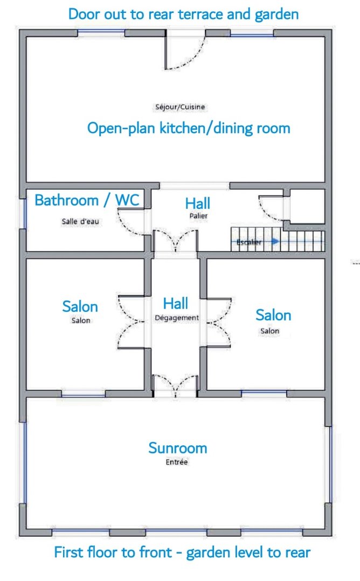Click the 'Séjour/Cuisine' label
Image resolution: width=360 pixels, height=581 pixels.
click(x=180, y=107)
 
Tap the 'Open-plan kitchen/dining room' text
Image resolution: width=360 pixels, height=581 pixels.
click(x=189, y=128)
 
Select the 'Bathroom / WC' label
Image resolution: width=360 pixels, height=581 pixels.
click(x=87, y=200)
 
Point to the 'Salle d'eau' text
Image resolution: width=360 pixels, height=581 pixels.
click(x=80, y=222)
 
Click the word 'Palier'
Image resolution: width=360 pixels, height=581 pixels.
click(x=198, y=215)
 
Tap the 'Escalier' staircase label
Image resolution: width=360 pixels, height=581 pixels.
click(x=249, y=242)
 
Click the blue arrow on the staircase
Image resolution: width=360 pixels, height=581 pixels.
click(x=275, y=242)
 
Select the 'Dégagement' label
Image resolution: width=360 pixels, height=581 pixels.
click(x=176, y=318)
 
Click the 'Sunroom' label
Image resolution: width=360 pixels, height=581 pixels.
click(x=178, y=448)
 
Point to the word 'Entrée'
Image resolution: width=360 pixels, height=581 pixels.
click(x=176, y=462)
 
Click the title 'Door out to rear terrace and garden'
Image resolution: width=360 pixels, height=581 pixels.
click(x=184, y=15)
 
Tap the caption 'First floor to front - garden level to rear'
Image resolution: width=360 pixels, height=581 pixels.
click(x=182, y=552)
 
